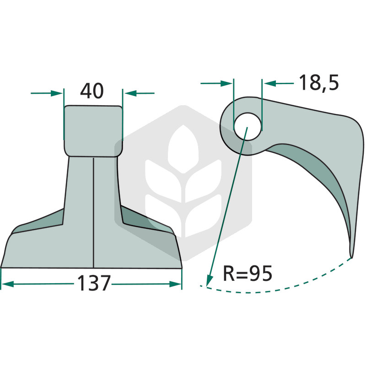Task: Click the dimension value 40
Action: click(x=92, y=91)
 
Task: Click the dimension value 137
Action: click(x=93, y=283)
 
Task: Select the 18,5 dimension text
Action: click(x=318, y=83)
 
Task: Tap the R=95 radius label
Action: click(x=248, y=273)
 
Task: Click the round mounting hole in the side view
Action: click(x=248, y=127)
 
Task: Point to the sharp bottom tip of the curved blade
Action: click(x=351, y=258)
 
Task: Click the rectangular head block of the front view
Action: click(x=93, y=131)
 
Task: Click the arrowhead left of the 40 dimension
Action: click(x=57, y=93)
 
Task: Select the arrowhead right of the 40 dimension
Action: click(x=131, y=93)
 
